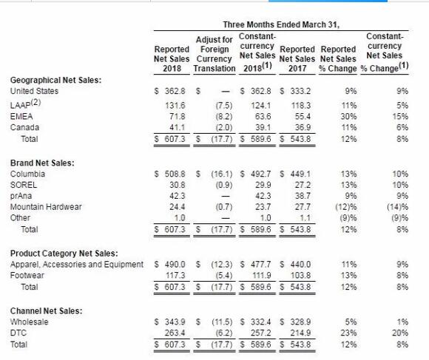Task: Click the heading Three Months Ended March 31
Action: coord(281,25)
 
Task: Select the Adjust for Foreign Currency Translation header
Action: coord(214,54)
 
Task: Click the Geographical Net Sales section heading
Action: coord(55,80)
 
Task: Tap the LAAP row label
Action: coord(25,104)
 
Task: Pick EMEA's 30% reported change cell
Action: coord(348,117)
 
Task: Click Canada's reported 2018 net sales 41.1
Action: coord(177,127)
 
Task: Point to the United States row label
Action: coord(34,91)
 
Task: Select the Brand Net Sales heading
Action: coord(42,163)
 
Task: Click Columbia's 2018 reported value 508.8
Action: coord(175,174)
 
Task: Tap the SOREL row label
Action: coord(24,185)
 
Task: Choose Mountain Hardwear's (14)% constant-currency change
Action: coord(397,207)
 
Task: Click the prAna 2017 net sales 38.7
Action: coord(303,196)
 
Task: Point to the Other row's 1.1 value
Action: coord(305,218)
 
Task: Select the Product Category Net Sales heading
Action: coord(64,254)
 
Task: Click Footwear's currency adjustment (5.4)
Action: coord(224,276)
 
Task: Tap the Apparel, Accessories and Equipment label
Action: coord(77,265)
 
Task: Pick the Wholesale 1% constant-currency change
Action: coord(402,322)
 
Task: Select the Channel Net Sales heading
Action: coord(47,311)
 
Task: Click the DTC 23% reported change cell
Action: coord(348,333)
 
